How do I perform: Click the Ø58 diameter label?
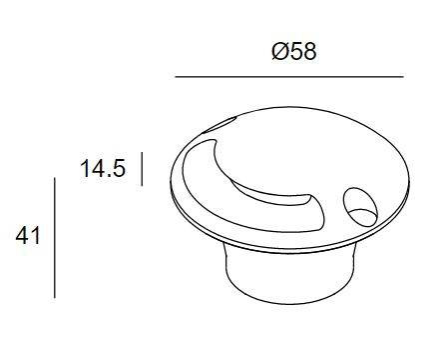click(294, 52)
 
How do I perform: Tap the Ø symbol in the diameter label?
click(280, 52)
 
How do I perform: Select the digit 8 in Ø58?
click(309, 52)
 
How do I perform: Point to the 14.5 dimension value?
click(103, 168)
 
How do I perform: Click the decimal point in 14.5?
click(108, 175)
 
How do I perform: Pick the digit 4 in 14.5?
click(97, 168)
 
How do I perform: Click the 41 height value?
click(28, 236)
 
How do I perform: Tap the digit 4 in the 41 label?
click(23, 236)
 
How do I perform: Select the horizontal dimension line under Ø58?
click(289, 77)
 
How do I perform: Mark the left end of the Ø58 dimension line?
click(176, 77)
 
